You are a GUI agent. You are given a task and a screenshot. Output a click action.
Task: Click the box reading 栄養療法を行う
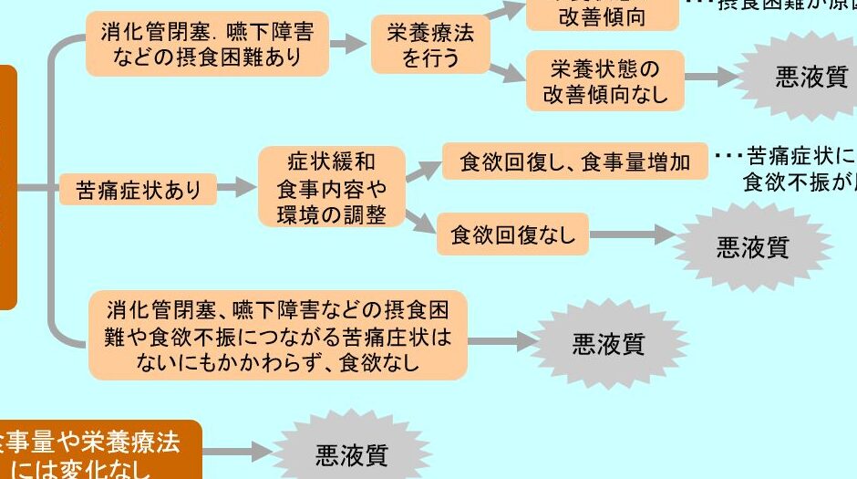[x=430, y=46]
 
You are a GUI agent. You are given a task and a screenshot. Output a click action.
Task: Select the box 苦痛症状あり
[x=139, y=190]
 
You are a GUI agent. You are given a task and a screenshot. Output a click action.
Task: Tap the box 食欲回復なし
[x=512, y=234]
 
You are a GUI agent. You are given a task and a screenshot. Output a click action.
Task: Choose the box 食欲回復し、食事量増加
[x=574, y=163]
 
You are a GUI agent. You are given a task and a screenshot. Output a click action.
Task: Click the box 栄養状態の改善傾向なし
[x=604, y=81]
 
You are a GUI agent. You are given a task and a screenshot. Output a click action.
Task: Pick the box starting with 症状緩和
[x=331, y=189]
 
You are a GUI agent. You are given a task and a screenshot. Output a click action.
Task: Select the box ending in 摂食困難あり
[x=207, y=45]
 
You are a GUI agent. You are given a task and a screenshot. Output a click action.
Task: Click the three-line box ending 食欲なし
[x=278, y=336]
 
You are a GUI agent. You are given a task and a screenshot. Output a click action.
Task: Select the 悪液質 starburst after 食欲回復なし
[x=753, y=246]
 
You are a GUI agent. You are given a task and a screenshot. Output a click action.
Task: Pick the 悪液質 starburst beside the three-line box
[x=608, y=343]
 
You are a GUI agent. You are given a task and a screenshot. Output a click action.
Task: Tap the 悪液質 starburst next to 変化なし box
[x=352, y=453]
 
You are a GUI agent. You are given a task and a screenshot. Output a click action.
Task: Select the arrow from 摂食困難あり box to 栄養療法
[x=347, y=44]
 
